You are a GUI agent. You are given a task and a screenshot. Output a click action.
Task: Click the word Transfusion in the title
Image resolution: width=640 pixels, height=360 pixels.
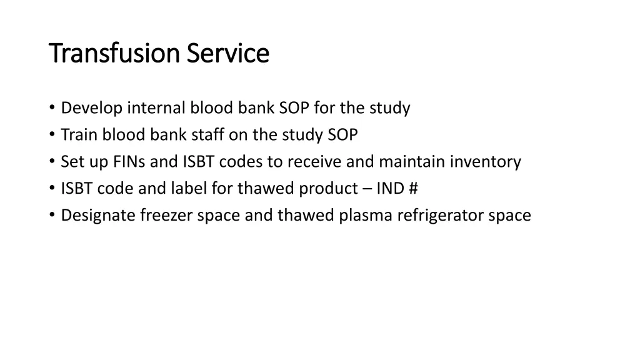point(107,53)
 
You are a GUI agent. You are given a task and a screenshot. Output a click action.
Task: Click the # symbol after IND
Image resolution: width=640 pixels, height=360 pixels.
point(414,189)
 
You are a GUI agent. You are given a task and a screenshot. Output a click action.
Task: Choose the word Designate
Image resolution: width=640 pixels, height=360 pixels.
point(99,216)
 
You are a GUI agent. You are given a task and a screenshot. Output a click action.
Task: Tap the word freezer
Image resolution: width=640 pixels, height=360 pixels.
point(167,216)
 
